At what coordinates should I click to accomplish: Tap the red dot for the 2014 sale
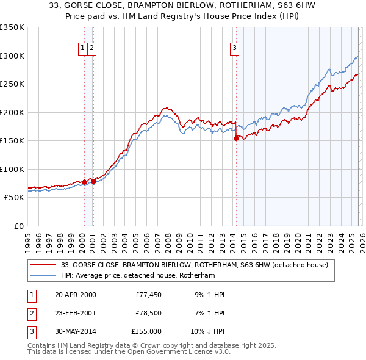click(x=236, y=139)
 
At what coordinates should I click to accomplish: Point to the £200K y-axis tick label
click(x=12, y=112)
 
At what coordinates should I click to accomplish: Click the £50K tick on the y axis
click(x=14, y=198)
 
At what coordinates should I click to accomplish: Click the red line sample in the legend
click(x=44, y=265)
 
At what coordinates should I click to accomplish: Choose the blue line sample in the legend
click(x=44, y=275)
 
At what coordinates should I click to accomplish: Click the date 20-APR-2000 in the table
click(x=76, y=295)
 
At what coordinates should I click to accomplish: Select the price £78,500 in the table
click(x=148, y=313)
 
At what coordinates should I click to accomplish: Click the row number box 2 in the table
click(x=31, y=313)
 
